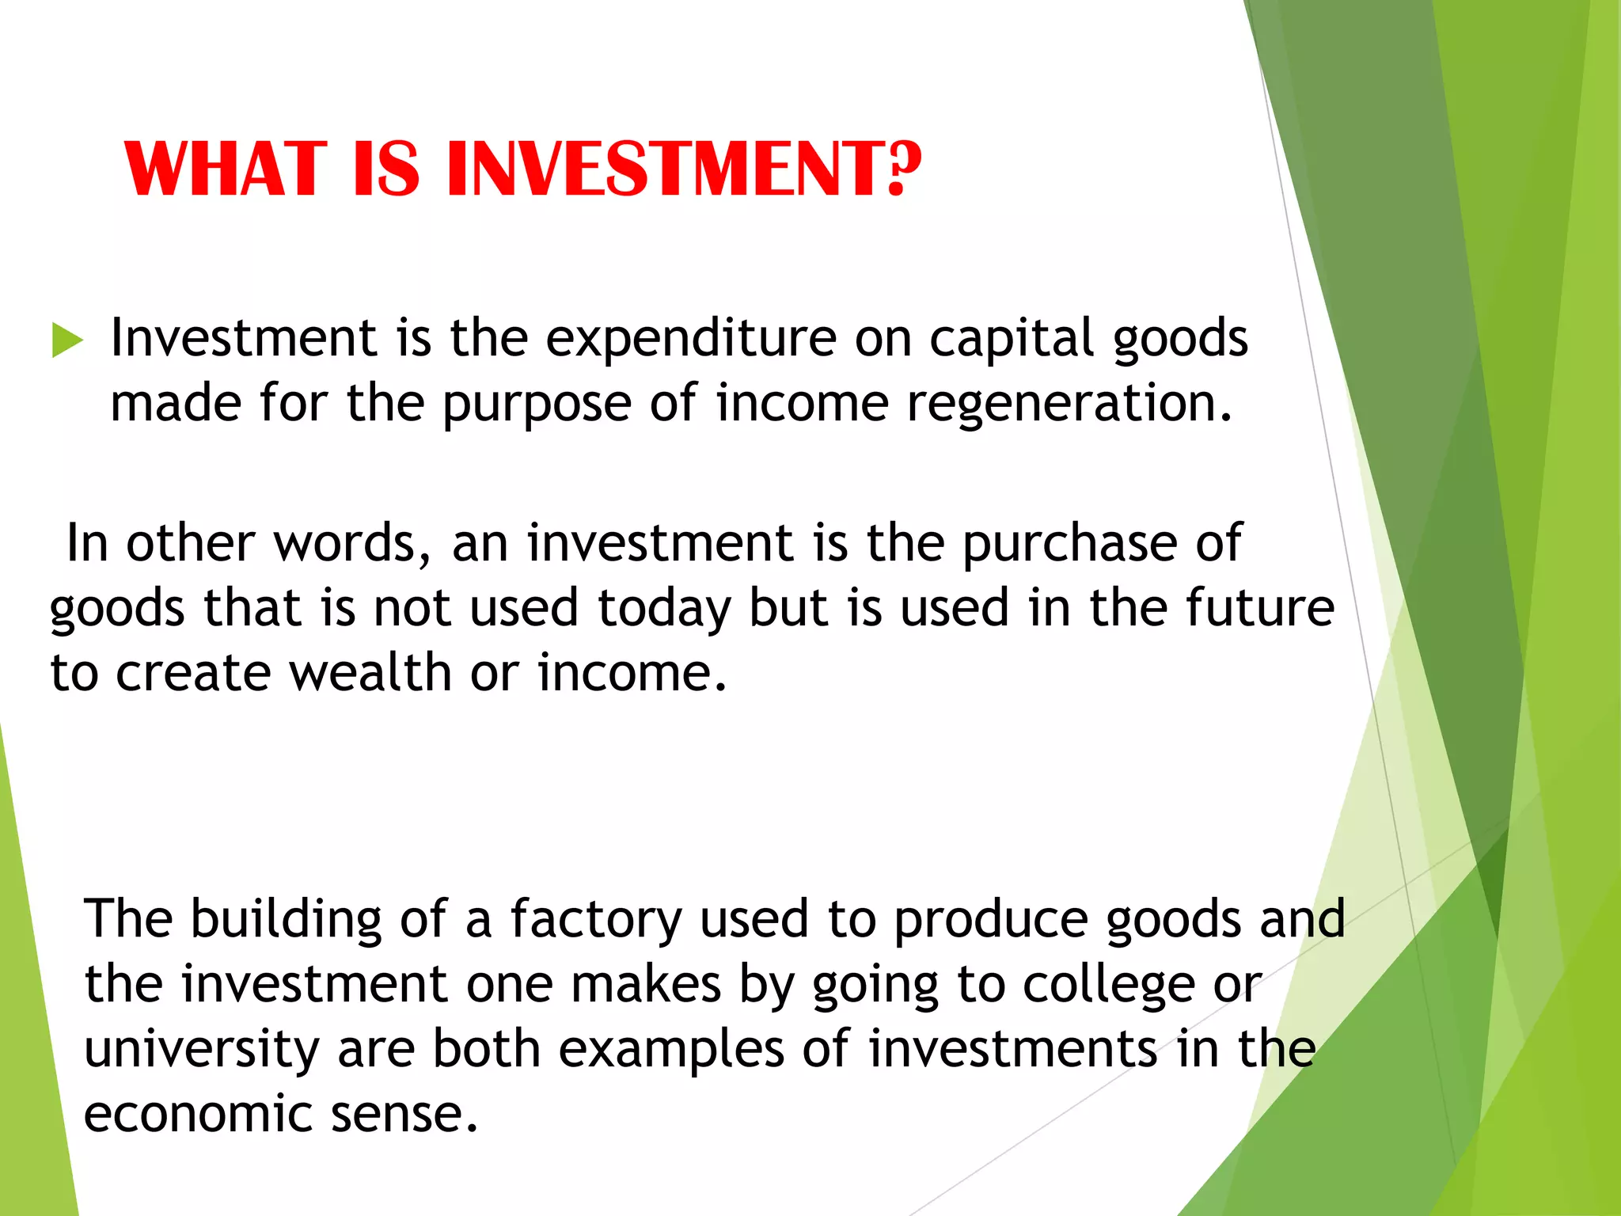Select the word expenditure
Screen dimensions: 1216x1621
[691, 339]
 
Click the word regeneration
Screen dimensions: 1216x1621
[1069, 405]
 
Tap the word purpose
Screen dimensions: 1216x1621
[537, 405]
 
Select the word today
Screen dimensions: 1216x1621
[664, 610]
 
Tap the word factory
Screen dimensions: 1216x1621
[595, 920]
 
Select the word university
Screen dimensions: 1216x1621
[202, 1051]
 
